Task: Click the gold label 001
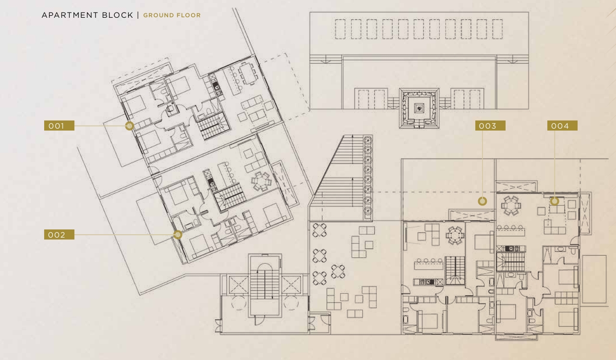click(59, 126)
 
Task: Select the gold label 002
click(59, 235)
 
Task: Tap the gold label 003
click(490, 126)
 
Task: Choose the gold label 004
click(562, 126)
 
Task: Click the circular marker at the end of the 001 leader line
click(130, 126)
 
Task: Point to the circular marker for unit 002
click(178, 235)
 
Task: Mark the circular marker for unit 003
click(483, 201)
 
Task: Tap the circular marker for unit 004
click(555, 201)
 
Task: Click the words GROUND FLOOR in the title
click(172, 15)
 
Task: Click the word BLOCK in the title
click(118, 15)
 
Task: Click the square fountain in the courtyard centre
click(419, 108)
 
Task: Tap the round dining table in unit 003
click(455, 235)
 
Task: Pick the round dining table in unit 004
click(511, 205)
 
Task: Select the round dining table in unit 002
click(261, 181)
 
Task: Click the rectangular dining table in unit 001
click(248, 73)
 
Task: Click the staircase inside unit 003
click(455, 270)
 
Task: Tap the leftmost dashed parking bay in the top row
click(340, 29)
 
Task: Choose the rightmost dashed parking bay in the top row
click(497, 29)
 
